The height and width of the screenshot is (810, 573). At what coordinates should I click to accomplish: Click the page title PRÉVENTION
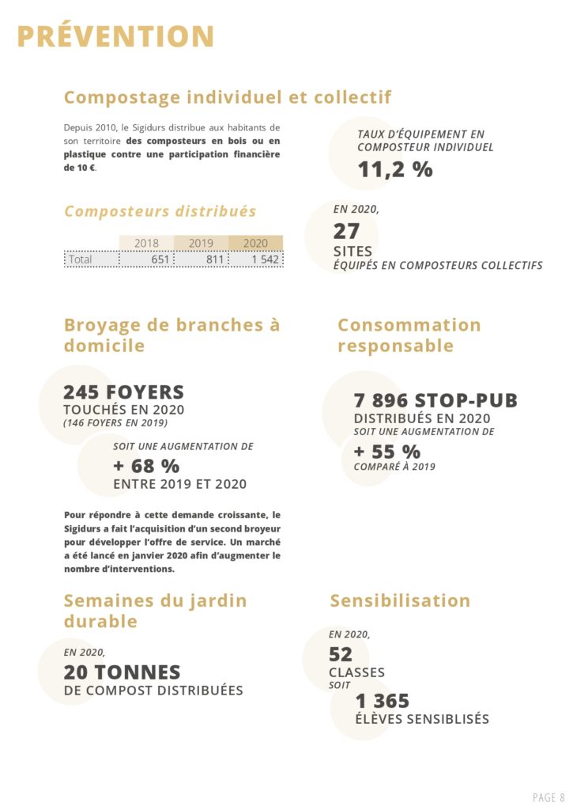[115, 37]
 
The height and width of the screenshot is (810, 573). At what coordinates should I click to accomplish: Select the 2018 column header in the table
[146, 244]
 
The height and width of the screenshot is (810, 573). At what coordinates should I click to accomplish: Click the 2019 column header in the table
[201, 244]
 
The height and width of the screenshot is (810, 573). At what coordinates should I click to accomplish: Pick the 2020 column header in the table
[255, 244]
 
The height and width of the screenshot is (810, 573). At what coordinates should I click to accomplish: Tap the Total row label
[81, 259]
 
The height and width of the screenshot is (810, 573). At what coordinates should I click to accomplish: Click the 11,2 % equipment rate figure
[395, 168]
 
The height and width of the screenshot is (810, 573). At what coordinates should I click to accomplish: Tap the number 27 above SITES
[346, 231]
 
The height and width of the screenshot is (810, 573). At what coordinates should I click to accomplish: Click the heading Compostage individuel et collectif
[228, 97]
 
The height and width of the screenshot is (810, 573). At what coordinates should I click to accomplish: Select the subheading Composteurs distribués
[160, 211]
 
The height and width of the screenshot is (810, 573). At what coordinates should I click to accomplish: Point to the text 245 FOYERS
[123, 392]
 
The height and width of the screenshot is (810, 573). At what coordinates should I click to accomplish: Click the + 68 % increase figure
[146, 466]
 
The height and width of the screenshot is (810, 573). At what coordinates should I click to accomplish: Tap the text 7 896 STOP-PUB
[435, 401]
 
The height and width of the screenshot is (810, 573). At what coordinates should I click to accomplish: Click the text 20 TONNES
[122, 672]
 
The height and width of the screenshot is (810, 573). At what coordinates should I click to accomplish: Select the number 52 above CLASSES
[341, 654]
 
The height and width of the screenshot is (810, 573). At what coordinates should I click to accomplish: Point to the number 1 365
[383, 702]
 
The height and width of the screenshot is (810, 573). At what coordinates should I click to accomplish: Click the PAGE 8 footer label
[549, 797]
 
